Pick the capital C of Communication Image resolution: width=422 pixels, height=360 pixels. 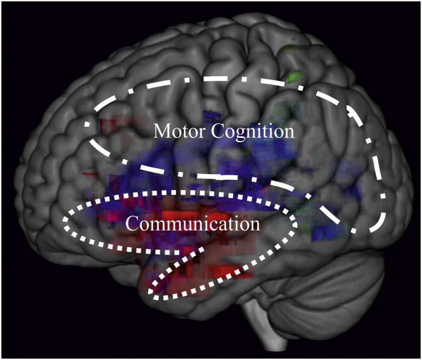pyautogui.click(x=131, y=223)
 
